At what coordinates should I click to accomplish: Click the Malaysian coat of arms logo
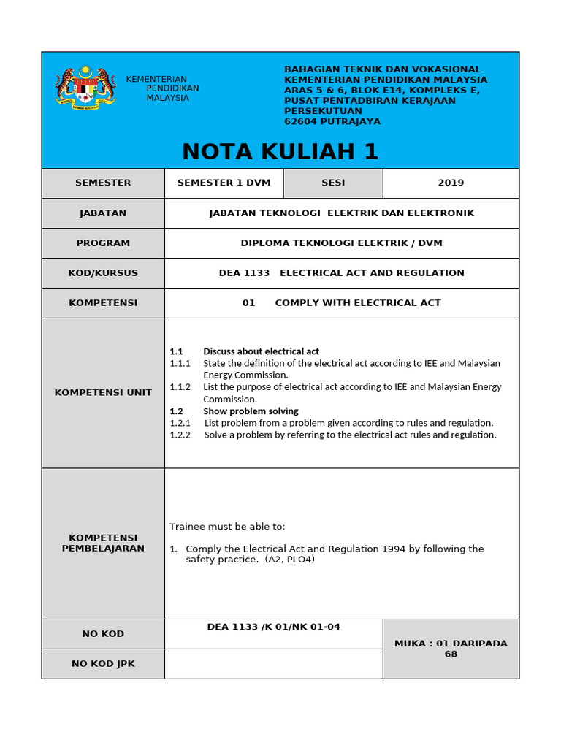point(85,88)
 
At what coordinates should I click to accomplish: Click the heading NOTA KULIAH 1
point(280,151)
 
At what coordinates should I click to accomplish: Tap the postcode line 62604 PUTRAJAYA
point(332,121)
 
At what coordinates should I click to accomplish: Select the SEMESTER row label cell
point(103,183)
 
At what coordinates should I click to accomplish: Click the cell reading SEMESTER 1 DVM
point(224,183)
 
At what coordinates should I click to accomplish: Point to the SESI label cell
point(333,183)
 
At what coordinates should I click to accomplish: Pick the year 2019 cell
point(451,183)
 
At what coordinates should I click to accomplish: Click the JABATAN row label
point(103,213)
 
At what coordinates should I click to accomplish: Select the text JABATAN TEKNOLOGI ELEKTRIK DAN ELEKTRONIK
point(341,213)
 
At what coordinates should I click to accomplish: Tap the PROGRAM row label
point(103,243)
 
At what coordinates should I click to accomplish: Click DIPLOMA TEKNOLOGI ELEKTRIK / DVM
point(341,243)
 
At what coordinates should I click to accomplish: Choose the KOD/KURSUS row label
point(103,273)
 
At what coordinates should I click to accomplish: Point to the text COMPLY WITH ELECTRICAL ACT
point(358,302)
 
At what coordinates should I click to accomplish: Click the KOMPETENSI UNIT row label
point(103,392)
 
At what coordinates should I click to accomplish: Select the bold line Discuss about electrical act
point(261,351)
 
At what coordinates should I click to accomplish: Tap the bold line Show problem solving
point(251,411)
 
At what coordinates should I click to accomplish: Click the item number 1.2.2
point(180,435)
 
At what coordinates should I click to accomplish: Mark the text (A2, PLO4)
point(290,560)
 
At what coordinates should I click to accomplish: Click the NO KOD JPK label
point(103,664)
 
